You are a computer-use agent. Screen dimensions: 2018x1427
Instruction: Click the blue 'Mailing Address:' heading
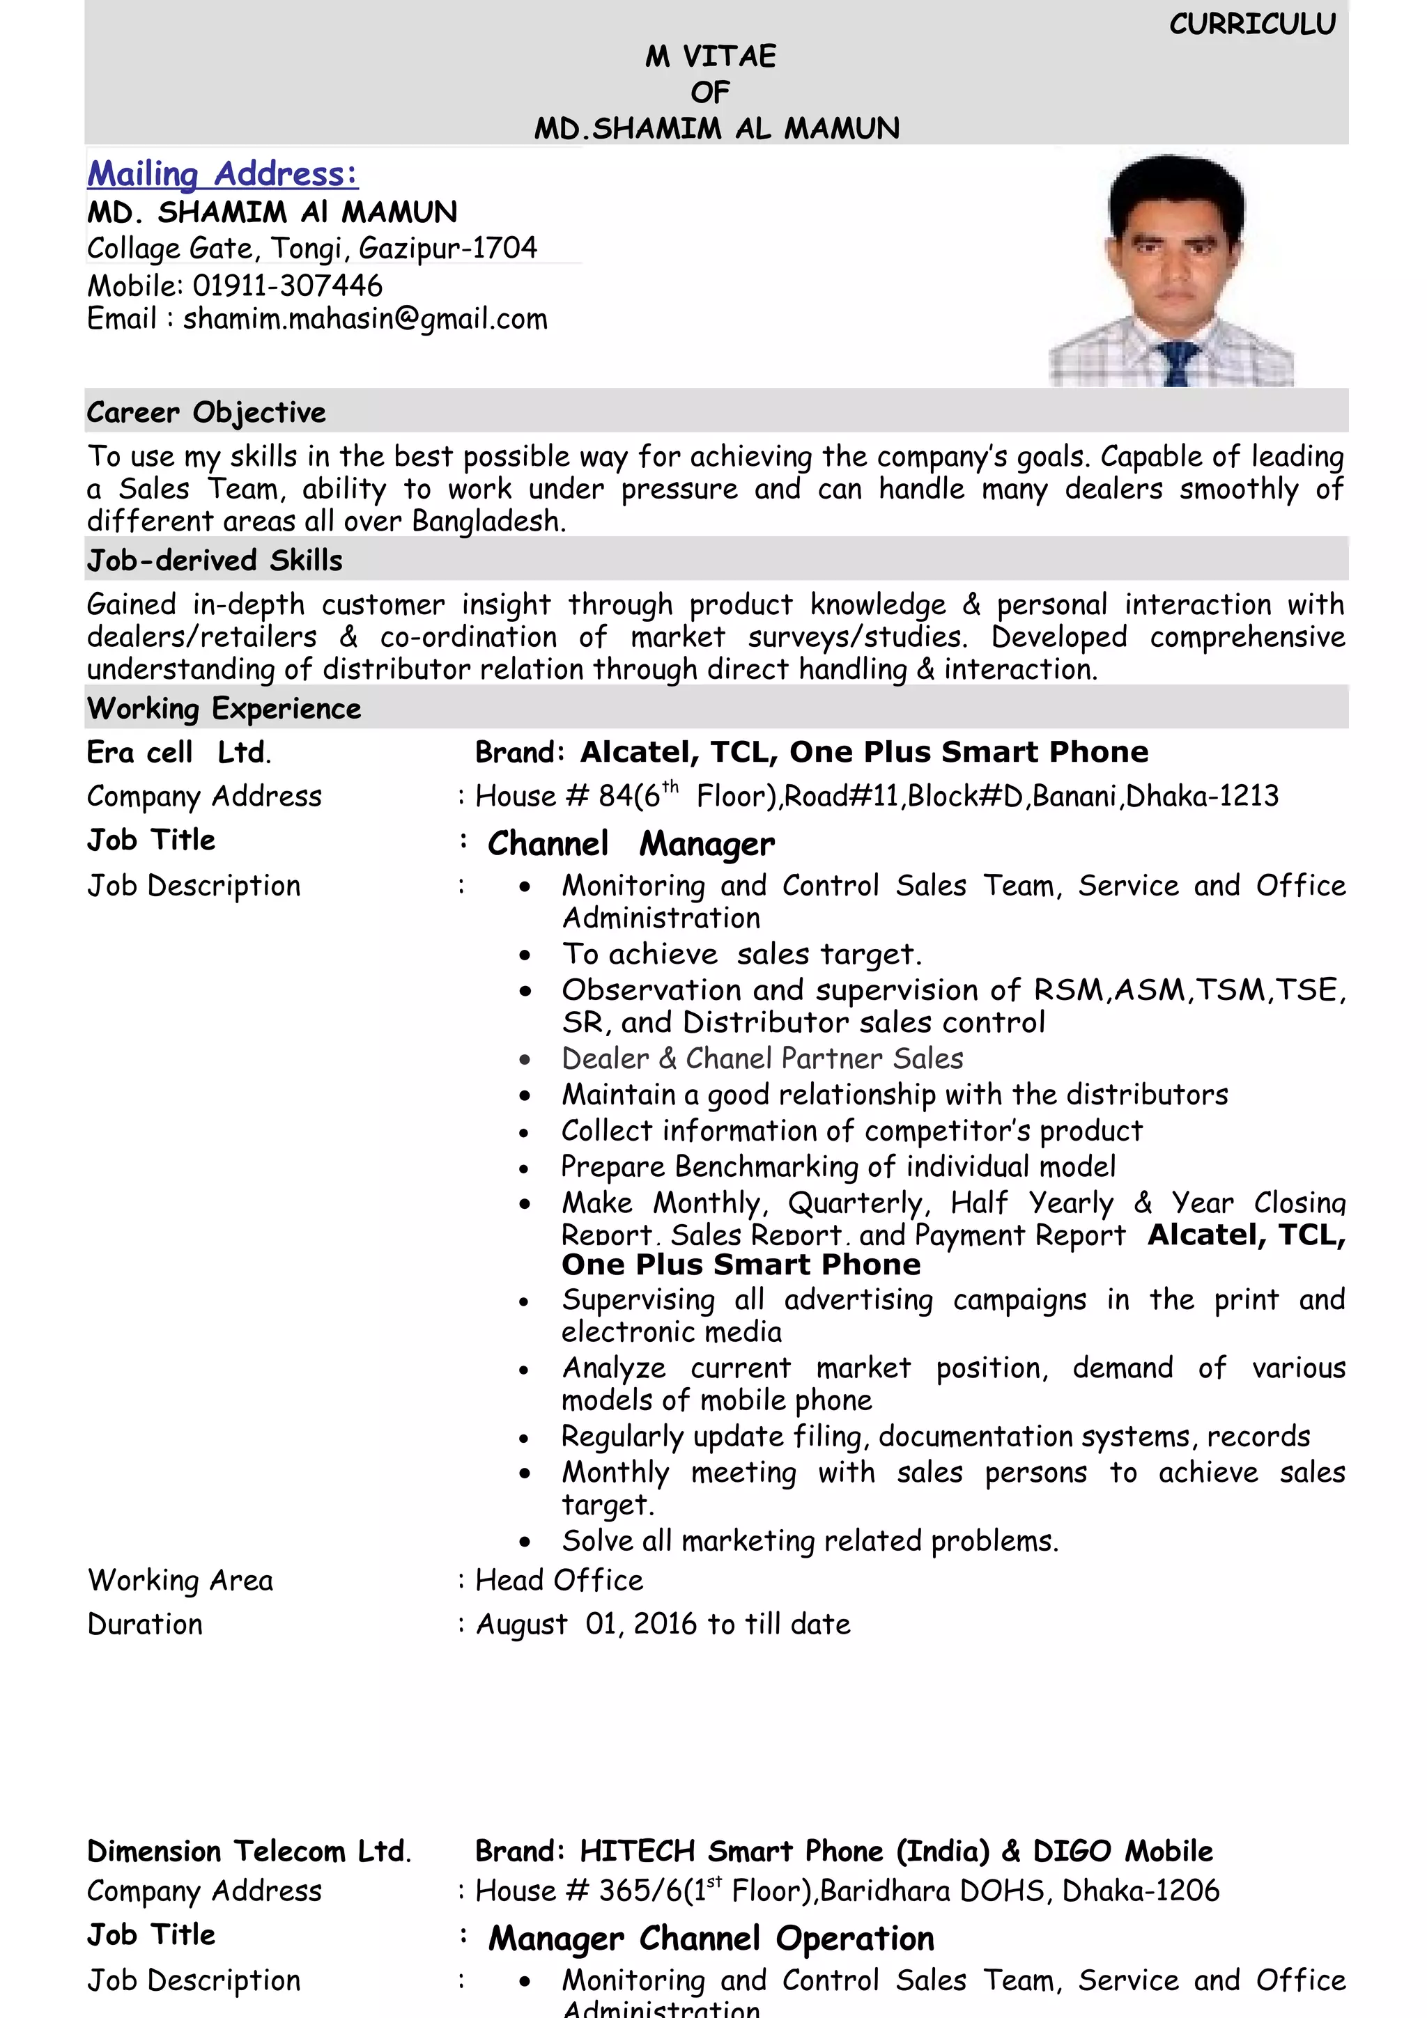pyautogui.click(x=222, y=174)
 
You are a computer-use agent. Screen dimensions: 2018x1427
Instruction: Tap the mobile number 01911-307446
pyautogui.click(x=288, y=286)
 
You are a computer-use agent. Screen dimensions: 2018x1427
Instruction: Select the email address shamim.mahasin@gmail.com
pyautogui.click(x=365, y=318)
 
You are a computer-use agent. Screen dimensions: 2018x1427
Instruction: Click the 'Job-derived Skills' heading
pyautogui.click(x=215, y=560)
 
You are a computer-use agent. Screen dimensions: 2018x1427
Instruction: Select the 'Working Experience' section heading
pyautogui.click(x=224, y=708)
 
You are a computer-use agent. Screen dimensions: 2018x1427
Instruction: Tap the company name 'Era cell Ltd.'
pyautogui.click(x=179, y=752)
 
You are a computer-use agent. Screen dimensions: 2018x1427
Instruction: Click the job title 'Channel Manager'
pyautogui.click(x=631, y=844)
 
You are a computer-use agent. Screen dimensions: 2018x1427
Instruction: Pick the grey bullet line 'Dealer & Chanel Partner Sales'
pyautogui.click(x=762, y=1058)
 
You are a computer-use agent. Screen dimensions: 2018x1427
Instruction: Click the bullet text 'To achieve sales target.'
pyautogui.click(x=742, y=953)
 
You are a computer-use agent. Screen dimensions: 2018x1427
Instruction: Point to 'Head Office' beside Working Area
pyautogui.click(x=560, y=1580)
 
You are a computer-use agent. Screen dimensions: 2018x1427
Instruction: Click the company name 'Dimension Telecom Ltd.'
pyautogui.click(x=249, y=1851)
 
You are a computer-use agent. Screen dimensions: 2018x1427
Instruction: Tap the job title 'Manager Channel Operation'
pyautogui.click(x=711, y=1938)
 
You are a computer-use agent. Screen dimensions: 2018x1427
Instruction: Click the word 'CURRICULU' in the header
pyautogui.click(x=1252, y=24)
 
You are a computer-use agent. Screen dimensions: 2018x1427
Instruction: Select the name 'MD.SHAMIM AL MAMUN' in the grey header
pyautogui.click(x=716, y=130)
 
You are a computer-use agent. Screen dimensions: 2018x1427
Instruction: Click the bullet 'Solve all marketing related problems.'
pyautogui.click(x=810, y=1541)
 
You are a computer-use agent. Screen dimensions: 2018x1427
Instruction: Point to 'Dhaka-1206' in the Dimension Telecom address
pyautogui.click(x=1141, y=1891)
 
